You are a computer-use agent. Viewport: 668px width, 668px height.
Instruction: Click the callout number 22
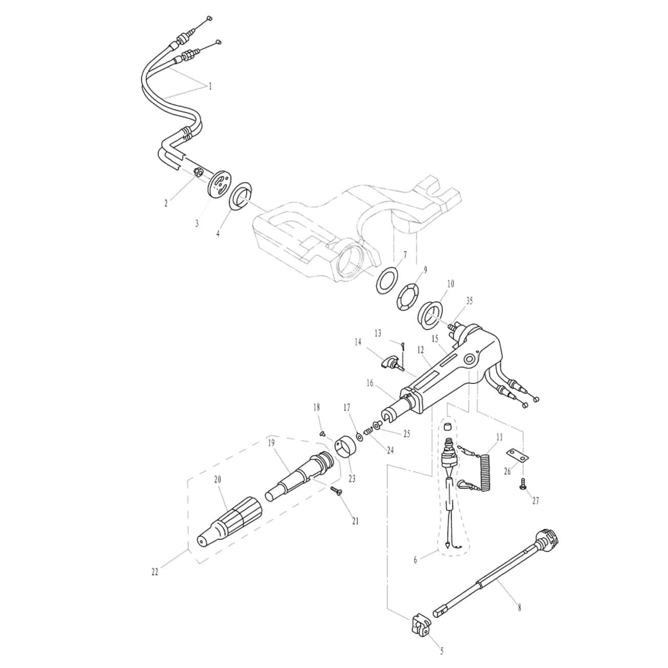tap(155, 572)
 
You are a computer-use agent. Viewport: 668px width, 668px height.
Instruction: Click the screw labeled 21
tap(336, 491)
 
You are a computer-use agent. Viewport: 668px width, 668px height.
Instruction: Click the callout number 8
tap(520, 608)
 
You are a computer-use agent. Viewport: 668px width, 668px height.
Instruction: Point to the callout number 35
tap(469, 300)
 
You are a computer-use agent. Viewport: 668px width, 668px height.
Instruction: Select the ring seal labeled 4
tap(240, 199)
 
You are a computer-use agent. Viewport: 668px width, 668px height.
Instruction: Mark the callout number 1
tap(210, 87)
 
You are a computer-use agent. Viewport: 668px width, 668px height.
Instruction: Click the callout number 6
tap(415, 560)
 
